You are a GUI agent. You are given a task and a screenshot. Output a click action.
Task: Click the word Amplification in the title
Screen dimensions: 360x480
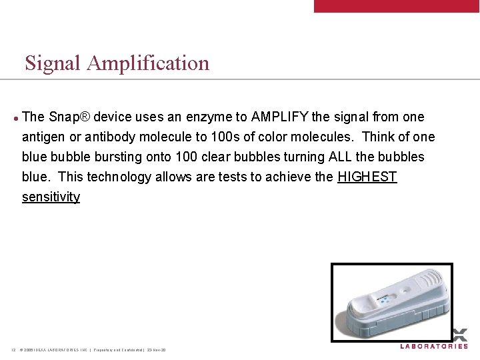coord(147,63)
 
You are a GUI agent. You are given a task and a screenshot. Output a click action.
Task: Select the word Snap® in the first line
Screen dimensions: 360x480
coord(70,117)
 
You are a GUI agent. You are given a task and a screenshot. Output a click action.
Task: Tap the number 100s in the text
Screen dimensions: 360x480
coord(221,137)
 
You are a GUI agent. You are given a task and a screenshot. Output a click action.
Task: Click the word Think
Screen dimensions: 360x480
coord(379,137)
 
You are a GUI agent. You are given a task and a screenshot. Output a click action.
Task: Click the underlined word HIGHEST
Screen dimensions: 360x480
coord(367,177)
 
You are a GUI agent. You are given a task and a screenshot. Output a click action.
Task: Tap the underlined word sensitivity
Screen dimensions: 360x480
coord(51,197)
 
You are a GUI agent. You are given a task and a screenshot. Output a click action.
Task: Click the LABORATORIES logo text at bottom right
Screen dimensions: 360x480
coord(433,346)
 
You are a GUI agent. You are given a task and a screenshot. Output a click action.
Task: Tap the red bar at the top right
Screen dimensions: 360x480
coord(397,6)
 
